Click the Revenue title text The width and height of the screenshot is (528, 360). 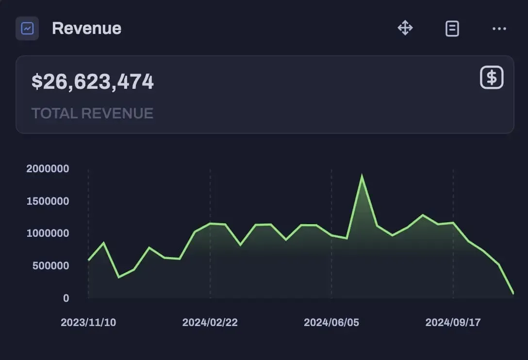point(86,28)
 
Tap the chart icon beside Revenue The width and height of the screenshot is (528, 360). point(27,28)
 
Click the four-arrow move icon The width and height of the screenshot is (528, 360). point(405,28)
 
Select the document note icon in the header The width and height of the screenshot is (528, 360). point(452,29)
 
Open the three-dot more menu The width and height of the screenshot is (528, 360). point(499,29)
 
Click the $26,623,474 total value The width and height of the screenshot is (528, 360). point(93,82)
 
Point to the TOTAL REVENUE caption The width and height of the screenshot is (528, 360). point(92,114)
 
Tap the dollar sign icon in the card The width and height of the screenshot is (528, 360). point(492,78)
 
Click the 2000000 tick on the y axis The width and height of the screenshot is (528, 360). point(48,169)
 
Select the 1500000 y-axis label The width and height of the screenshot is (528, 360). point(48,201)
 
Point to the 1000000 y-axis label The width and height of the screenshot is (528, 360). point(48,233)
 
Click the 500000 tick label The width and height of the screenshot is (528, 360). point(50,266)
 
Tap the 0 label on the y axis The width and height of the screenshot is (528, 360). point(66,298)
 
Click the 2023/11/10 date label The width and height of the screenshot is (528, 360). point(88,323)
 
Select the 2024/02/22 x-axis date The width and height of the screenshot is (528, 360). point(210,323)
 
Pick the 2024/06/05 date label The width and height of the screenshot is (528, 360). point(331,323)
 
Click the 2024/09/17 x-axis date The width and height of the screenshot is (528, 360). point(453,323)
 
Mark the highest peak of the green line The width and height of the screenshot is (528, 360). point(362,176)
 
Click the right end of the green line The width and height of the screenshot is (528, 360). point(513,293)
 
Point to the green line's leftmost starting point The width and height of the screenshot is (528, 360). point(88,260)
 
